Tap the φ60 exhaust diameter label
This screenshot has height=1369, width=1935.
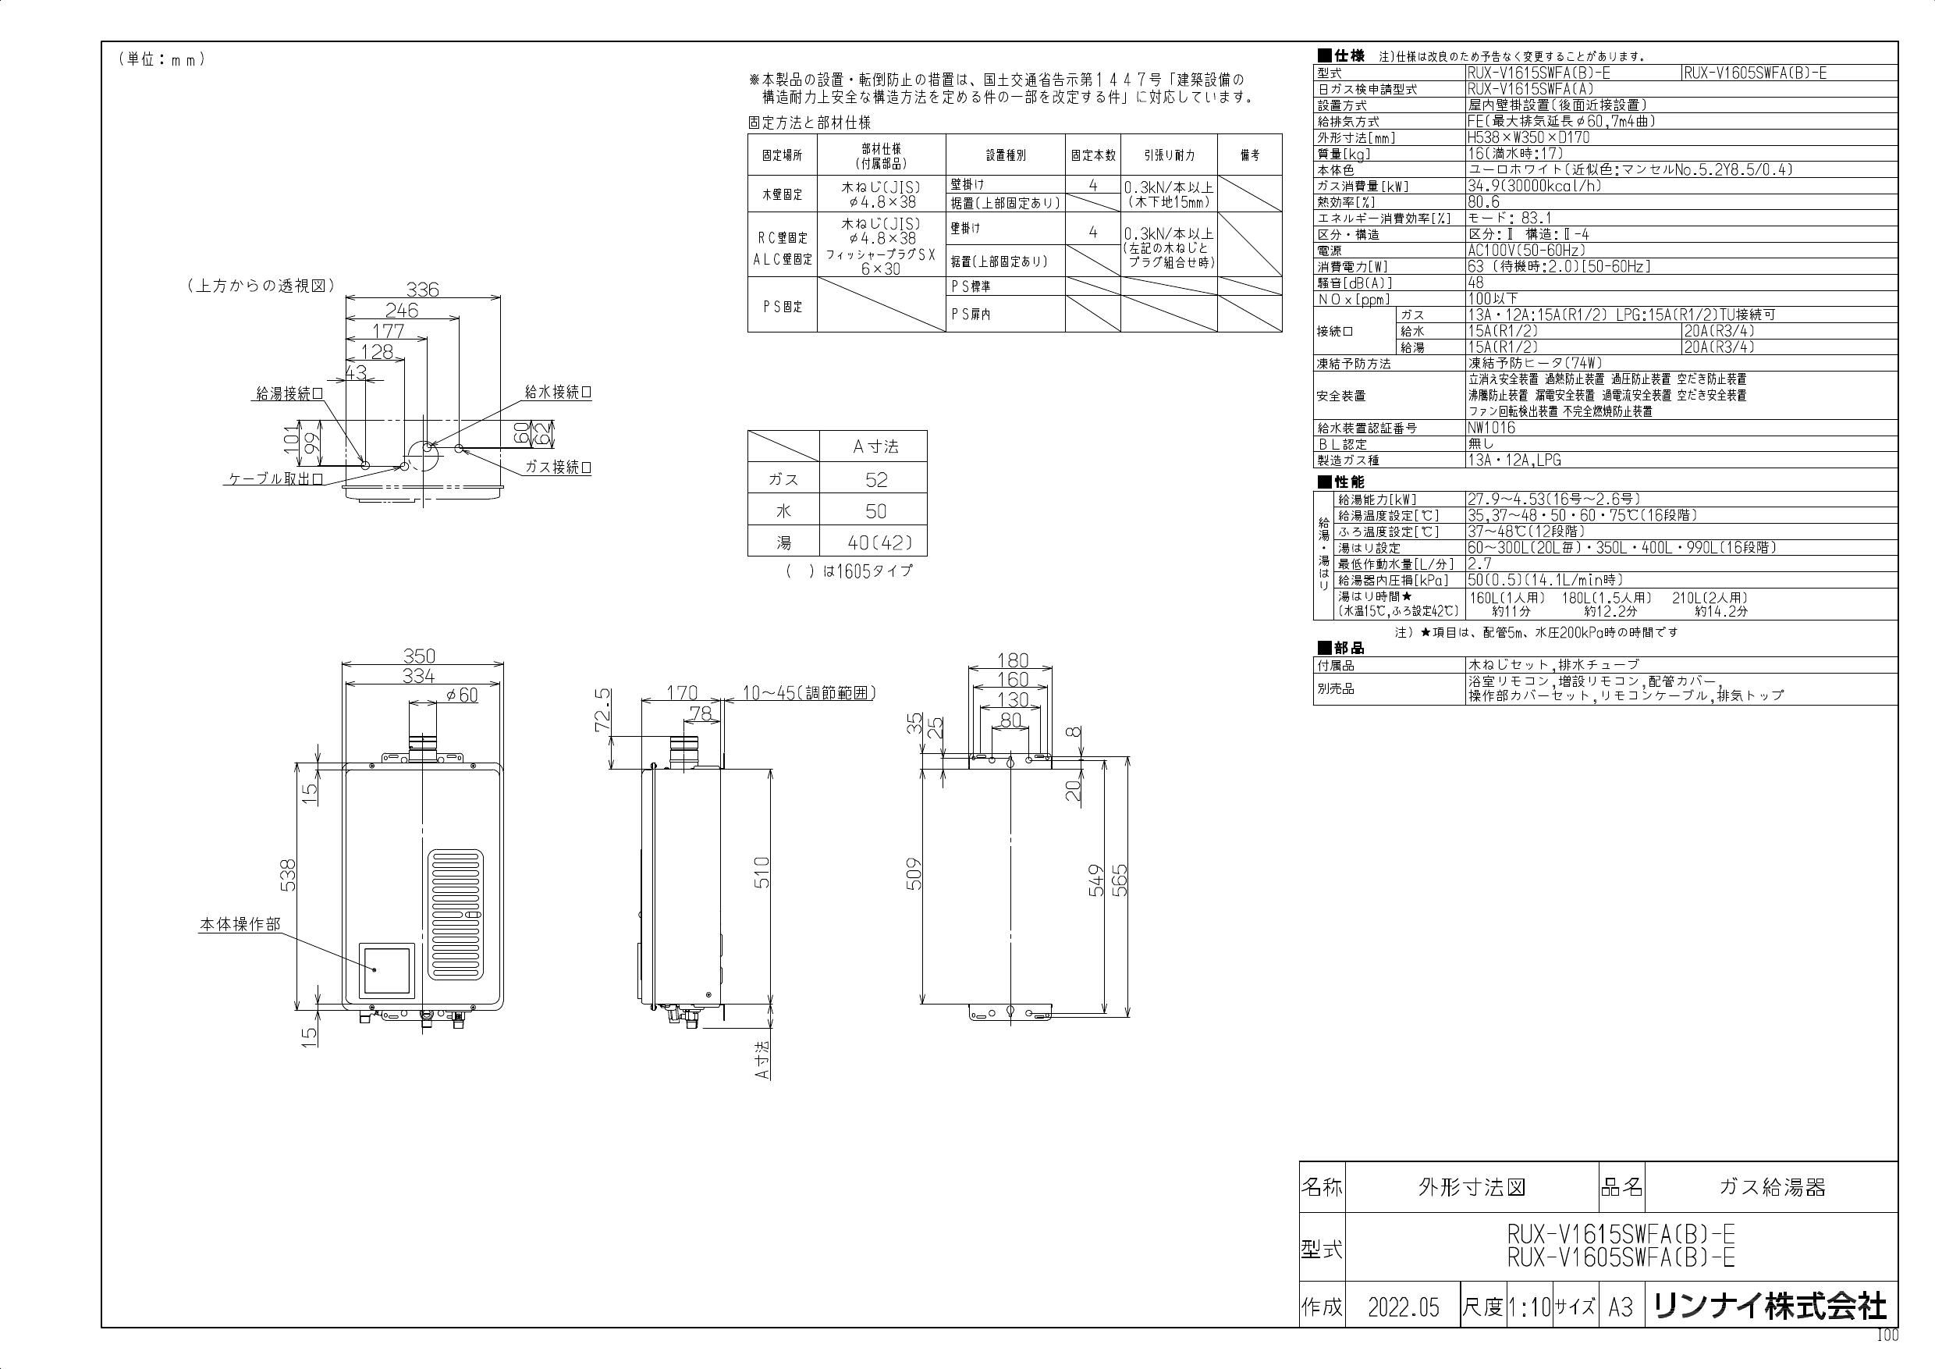pos(461,695)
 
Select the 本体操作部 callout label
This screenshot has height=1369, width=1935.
pos(240,925)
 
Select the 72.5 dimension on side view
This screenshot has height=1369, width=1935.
pos(602,710)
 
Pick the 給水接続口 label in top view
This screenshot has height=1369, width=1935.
pos(558,393)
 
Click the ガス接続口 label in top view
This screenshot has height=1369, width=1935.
pos(558,468)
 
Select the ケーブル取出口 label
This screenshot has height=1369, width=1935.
pos(276,478)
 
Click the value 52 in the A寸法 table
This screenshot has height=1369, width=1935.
pos(875,480)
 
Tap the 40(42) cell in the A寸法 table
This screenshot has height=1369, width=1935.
pos(875,543)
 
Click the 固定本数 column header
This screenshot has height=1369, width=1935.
pos(1093,155)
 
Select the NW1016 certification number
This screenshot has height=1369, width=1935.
pos(1491,428)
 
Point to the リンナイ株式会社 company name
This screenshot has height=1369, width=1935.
pos(1770,1307)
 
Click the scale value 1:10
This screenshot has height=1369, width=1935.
pos(1528,1307)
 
